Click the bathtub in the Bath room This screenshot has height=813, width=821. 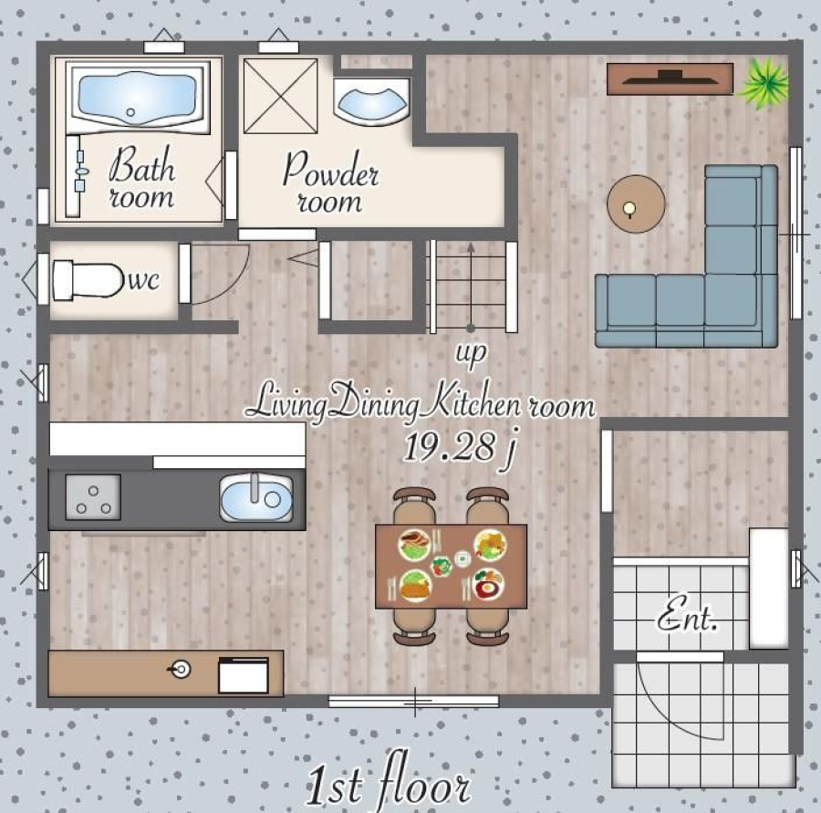tap(137, 97)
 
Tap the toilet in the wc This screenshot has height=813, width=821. tap(88, 280)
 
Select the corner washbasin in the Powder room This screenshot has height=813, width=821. tap(371, 101)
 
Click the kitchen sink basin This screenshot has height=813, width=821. tap(256, 497)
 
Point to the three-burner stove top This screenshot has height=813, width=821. tap(93, 497)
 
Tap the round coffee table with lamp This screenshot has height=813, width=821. tap(636, 203)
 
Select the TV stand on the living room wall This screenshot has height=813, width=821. tap(670, 79)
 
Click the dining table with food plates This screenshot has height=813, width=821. tap(451, 567)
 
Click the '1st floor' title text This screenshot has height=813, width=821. tap(388, 782)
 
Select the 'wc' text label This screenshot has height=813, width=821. tap(143, 280)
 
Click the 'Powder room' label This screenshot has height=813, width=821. tap(330, 182)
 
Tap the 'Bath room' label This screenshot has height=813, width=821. tap(141, 176)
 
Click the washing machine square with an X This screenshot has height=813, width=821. tap(281, 97)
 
